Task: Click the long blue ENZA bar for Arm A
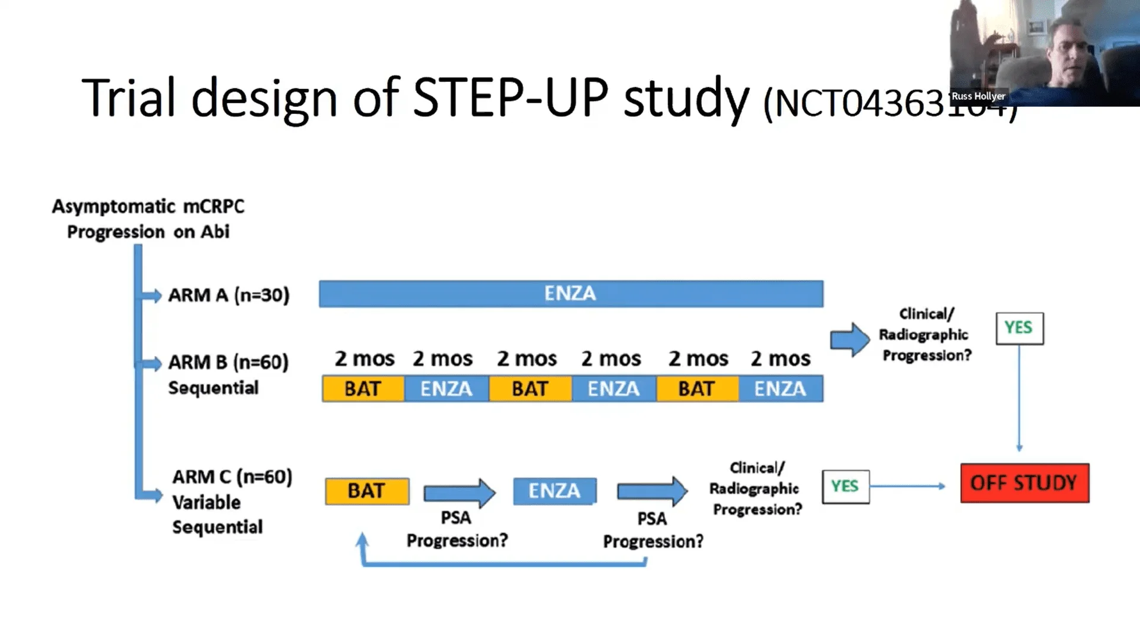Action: tap(571, 294)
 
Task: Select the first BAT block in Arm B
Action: tap(363, 389)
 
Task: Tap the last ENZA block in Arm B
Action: tap(780, 389)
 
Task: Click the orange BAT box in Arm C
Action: tap(367, 491)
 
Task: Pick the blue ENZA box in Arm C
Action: tap(555, 491)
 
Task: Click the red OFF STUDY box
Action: tap(1025, 483)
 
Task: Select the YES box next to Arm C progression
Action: tap(845, 487)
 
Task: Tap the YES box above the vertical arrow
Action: tap(1019, 328)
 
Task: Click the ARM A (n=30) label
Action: tap(229, 295)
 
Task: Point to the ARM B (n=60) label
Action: tap(228, 362)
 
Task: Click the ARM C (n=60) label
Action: tap(232, 477)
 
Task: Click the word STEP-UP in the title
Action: tap(511, 98)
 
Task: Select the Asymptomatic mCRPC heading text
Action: tap(148, 207)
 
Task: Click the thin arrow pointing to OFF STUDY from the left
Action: tap(908, 486)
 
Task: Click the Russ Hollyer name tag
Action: tap(978, 96)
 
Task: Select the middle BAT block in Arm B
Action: tap(530, 389)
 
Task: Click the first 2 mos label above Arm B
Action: tap(364, 358)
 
